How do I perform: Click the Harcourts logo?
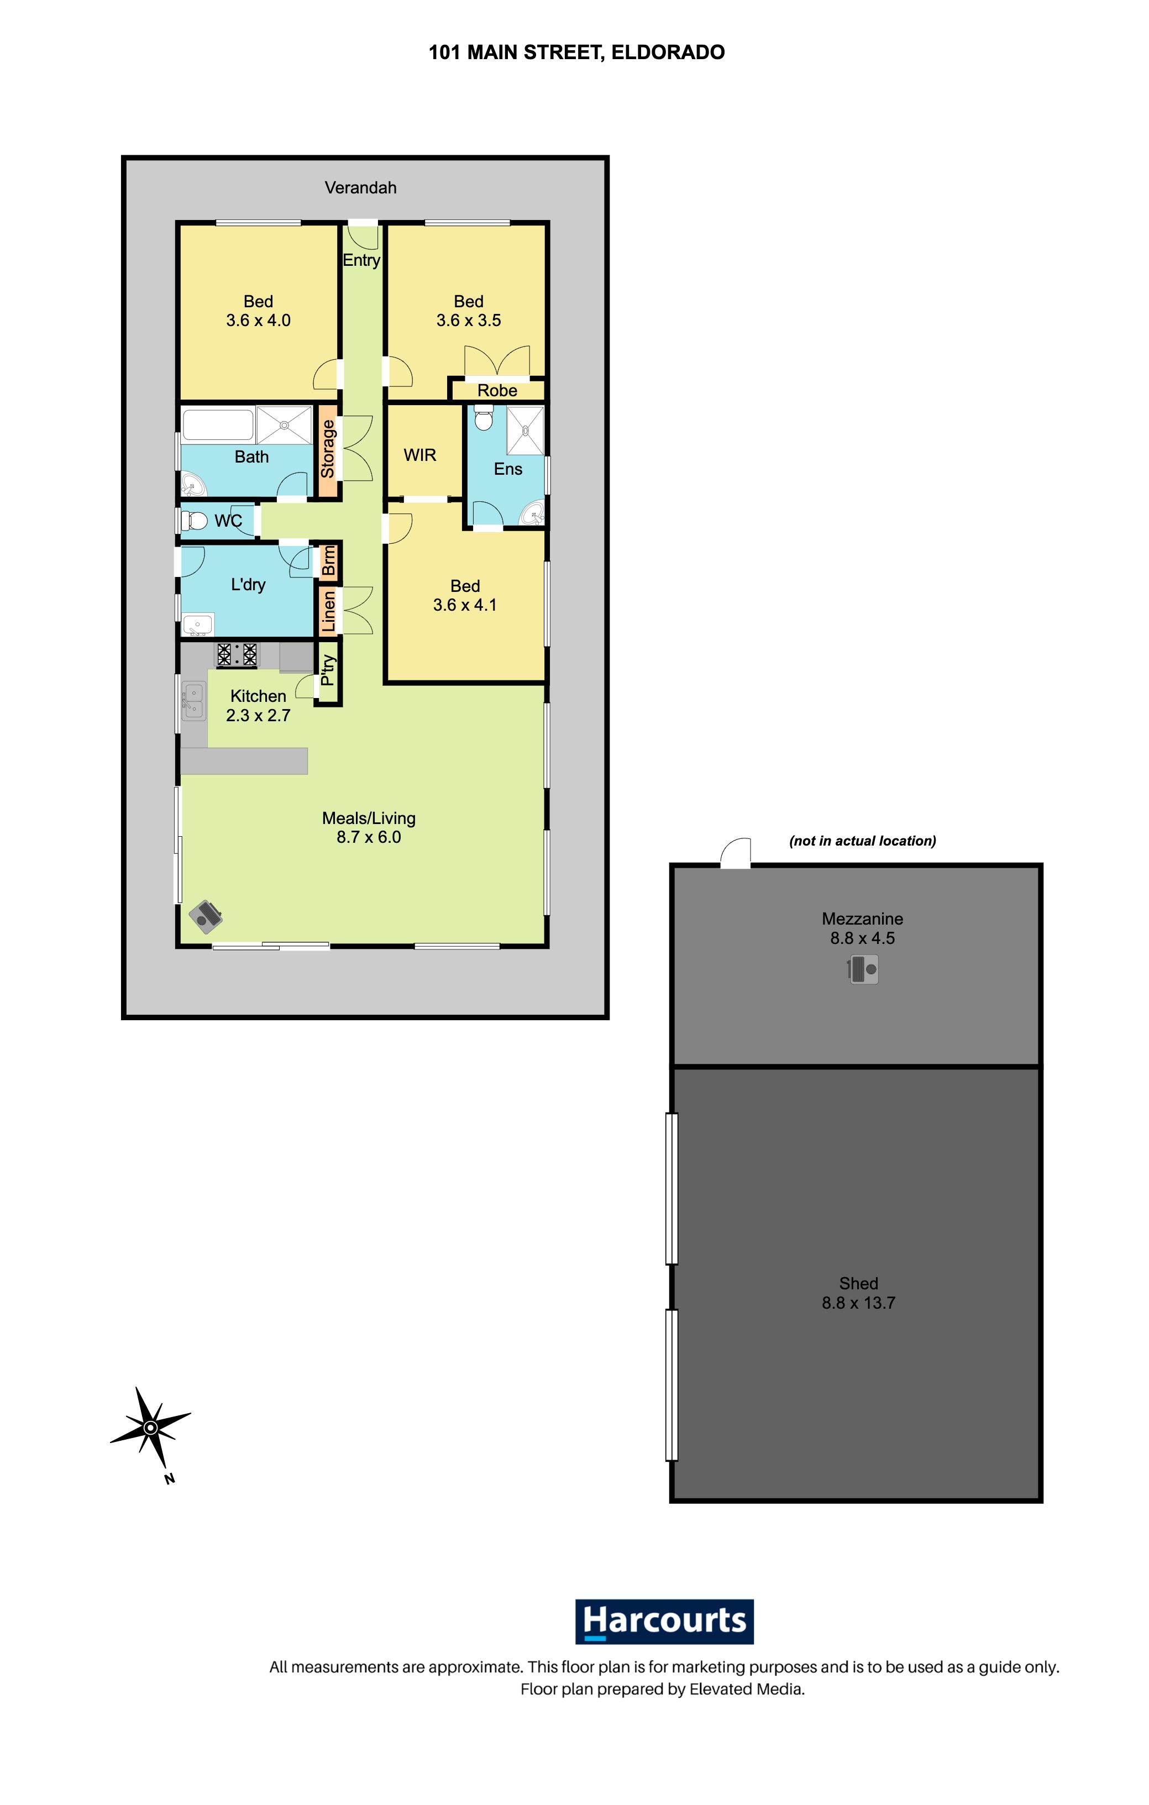[x=664, y=1622]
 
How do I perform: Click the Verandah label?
[x=360, y=188]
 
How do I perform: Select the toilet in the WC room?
[x=194, y=520]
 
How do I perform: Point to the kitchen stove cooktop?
[x=237, y=654]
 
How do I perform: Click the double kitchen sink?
[x=194, y=701]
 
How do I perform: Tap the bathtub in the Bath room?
[x=218, y=425]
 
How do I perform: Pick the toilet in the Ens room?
[x=484, y=417]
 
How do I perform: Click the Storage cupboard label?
[x=328, y=448]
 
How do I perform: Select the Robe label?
[x=497, y=391]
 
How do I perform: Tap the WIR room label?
[x=419, y=455]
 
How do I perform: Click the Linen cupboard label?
[x=328, y=611]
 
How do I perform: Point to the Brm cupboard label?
[x=328, y=561]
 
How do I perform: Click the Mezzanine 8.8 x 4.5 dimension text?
[x=862, y=938]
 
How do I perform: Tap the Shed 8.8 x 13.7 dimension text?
[x=858, y=1303]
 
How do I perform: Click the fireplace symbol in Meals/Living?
[x=206, y=916]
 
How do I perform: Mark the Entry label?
[x=361, y=260]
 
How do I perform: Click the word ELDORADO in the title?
[x=668, y=53]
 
